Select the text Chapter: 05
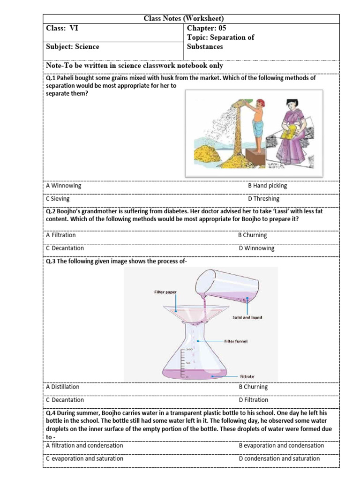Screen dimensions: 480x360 coord(206,28)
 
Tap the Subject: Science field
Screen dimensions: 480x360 coord(73,46)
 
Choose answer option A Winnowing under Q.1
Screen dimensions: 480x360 coord(63,186)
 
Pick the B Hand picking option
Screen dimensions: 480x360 coord(267,186)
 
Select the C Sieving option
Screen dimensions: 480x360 coord(58,199)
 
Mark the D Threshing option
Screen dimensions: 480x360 coord(263,199)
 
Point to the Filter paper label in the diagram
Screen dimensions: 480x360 coord(165,292)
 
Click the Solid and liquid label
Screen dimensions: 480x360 coord(247,317)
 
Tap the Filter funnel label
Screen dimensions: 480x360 coord(242,341)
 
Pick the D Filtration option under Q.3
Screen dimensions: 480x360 coord(253,400)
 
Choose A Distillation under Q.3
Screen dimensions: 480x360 coord(62,387)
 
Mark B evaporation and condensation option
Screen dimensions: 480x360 coord(281,445)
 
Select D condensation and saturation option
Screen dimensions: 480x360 coord(279,458)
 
